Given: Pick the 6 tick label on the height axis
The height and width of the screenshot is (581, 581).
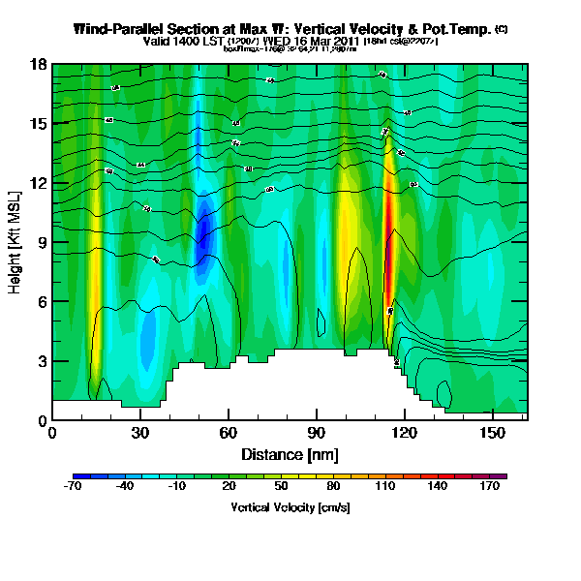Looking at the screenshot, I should point(43,302).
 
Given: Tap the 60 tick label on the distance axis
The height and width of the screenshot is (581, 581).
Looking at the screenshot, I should point(229,433).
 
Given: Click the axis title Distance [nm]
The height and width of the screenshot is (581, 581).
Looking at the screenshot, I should point(290,454).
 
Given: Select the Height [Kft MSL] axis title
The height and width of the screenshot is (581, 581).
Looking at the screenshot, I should point(17,242).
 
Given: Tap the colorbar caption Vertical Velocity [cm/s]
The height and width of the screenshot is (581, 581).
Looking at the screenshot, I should point(290,507).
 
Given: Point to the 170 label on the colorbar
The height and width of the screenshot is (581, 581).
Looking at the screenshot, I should point(505,486).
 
